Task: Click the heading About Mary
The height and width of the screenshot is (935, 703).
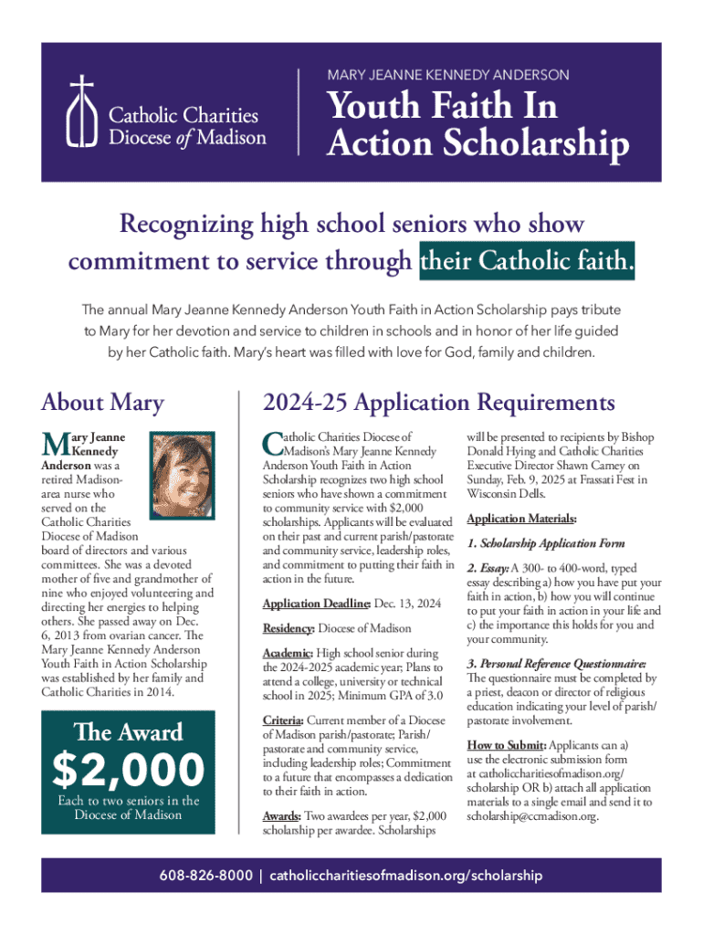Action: point(103,403)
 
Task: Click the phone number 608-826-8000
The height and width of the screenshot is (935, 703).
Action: point(207,876)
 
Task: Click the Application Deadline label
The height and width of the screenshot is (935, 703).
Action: point(316,604)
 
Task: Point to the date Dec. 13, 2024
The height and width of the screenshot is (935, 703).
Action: point(408,604)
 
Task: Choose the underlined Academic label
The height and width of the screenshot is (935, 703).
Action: point(288,654)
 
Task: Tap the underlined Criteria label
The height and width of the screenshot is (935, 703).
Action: point(285,721)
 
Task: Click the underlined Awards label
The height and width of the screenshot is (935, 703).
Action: point(283,815)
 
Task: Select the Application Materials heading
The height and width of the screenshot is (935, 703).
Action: point(521,520)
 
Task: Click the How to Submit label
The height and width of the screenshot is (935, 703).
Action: point(506,744)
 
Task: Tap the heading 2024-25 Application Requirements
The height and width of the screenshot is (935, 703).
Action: point(438,403)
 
